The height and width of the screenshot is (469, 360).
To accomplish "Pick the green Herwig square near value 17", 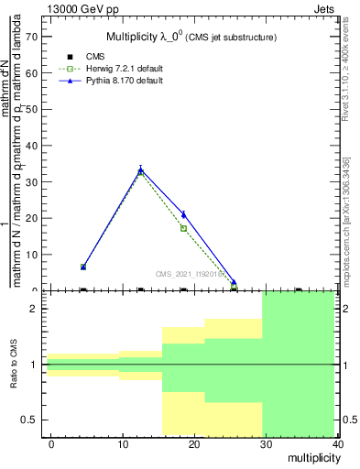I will click(x=184, y=228).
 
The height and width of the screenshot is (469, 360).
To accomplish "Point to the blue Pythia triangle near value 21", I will click(x=184, y=214).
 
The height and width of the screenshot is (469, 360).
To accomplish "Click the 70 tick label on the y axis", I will click(x=31, y=37).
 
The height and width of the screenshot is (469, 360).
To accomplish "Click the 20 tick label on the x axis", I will click(x=194, y=443).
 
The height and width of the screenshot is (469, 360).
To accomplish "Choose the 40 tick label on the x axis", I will click(x=338, y=443).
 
